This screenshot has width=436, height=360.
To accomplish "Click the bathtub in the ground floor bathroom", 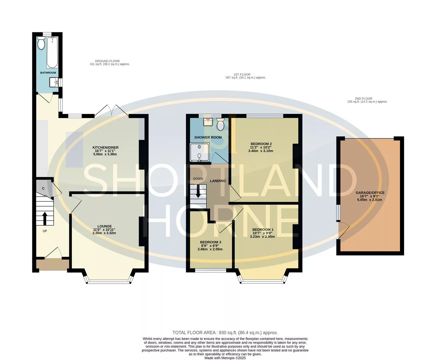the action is pos(52,52).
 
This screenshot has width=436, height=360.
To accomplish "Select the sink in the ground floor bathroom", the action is pos(54,82).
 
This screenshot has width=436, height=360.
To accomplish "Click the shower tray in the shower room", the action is pos(199,152).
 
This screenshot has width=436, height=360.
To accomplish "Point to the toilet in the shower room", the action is pos(220,124).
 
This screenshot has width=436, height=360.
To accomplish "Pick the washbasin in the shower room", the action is pos(208,122).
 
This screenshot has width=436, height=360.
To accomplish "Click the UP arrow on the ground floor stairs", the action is pos(45,219).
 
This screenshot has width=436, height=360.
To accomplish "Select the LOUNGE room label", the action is pos(104,226).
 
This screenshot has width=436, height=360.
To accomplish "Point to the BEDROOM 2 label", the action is pos(261,144).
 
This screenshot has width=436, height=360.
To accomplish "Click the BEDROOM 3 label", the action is pos(210,242).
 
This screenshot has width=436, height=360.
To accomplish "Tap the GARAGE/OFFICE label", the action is pos(370,193).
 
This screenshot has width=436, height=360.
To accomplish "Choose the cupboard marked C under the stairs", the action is pos(43,188).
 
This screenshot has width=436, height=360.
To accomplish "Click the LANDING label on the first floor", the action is pos(218,181).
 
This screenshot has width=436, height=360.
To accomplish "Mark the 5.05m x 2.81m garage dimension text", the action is pos(370,200).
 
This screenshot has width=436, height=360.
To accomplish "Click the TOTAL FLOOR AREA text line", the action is pos(225,333).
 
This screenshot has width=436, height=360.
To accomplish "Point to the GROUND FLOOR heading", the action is pos(107,61).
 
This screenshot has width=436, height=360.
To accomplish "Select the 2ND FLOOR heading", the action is pos(364,99).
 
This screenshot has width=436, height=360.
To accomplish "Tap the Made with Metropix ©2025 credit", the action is pos(225,358).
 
